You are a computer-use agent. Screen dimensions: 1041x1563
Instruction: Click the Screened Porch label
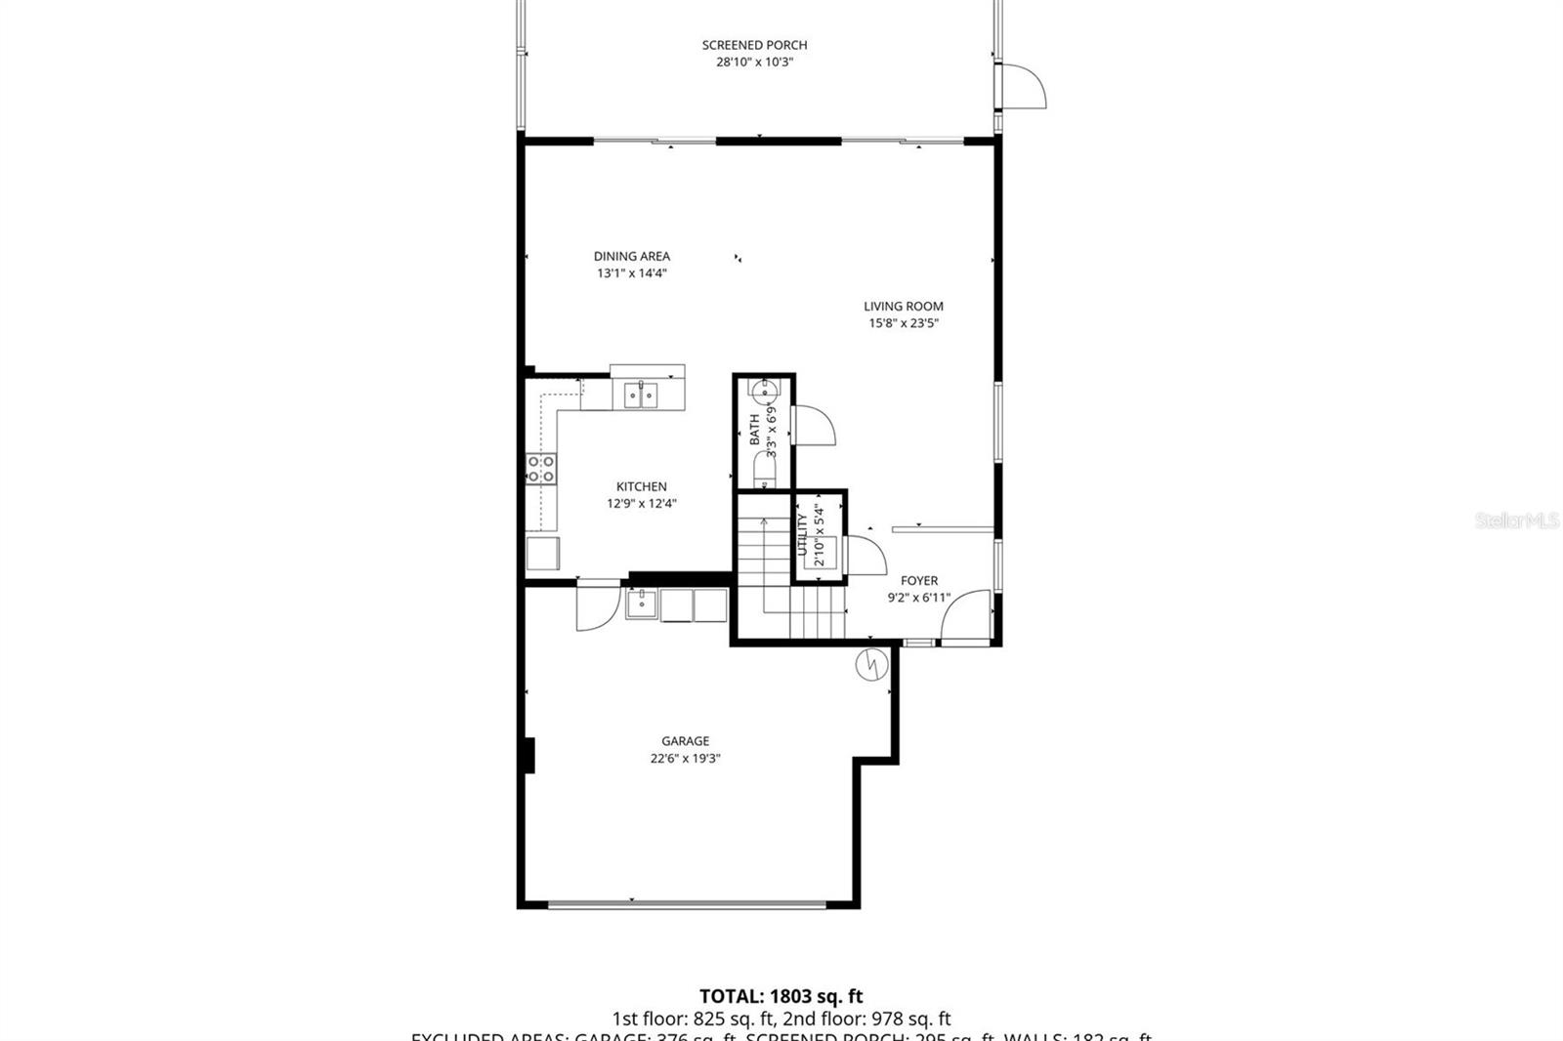(x=754, y=45)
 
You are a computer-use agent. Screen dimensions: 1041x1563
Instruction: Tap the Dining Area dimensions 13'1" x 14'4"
(x=632, y=273)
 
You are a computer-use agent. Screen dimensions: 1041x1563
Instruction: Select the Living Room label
(x=903, y=307)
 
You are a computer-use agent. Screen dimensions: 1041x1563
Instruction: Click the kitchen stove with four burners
(x=541, y=469)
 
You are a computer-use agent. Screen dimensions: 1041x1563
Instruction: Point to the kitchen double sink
(x=641, y=395)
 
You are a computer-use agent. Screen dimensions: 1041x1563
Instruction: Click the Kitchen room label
(x=641, y=486)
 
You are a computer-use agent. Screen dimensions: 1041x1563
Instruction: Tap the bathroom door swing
(x=814, y=425)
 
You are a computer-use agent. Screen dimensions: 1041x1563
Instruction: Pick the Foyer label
(x=918, y=581)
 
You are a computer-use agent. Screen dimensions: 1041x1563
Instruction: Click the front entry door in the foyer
(x=967, y=617)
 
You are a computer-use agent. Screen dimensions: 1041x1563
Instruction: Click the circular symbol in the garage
(x=869, y=665)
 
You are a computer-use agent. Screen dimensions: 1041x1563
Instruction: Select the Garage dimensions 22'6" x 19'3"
(x=685, y=759)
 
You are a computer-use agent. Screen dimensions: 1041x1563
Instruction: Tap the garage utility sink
(x=642, y=604)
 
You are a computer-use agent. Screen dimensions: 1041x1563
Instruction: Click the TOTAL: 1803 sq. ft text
(x=781, y=997)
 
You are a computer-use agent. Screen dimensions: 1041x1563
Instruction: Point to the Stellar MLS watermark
(x=1516, y=521)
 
